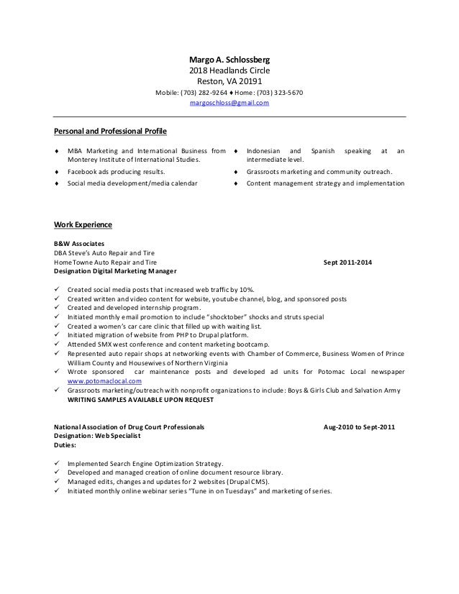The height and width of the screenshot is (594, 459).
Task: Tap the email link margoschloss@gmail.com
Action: tap(229, 104)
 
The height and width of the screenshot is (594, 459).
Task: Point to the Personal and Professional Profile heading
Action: tap(110, 132)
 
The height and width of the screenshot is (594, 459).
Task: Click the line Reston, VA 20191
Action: tap(229, 81)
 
